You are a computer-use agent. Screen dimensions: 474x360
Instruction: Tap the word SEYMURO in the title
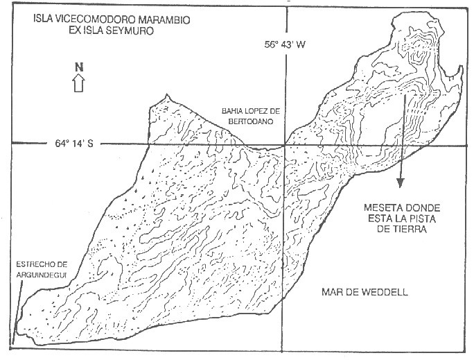pyautogui.click(x=132, y=31)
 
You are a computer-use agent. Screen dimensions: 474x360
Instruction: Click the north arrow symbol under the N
pyautogui.click(x=78, y=83)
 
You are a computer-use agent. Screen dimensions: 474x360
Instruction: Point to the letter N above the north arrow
pyautogui.click(x=79, y=67)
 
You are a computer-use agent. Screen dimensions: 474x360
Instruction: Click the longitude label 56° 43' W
pyautogui.click(x=285, y=45)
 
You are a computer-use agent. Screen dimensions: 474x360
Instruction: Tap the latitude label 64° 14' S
pyautogui.click(x=74, y=143)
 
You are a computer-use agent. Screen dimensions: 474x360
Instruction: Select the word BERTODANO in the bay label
pyautogui.click(x=251, y=121)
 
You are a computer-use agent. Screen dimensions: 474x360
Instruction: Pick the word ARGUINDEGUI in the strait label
pyautogui.click(x=41, y=275)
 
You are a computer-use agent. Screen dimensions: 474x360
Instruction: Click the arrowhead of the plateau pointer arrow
pyautogui.click(x=401, y=182)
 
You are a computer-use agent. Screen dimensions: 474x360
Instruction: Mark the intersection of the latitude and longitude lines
pyautogui.click(x=285, y=145)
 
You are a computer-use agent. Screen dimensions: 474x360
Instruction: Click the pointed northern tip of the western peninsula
pyautogui.click(x=166, y=95)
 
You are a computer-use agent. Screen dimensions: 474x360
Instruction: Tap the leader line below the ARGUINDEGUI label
pyautogui.click(x=17, y=313)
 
